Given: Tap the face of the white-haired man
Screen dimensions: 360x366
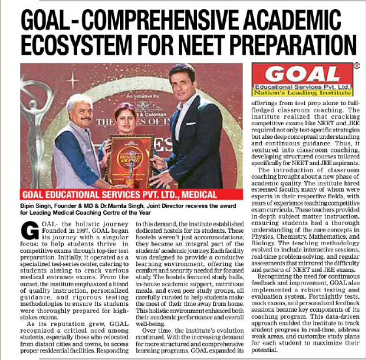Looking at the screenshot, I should click(81, 108).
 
